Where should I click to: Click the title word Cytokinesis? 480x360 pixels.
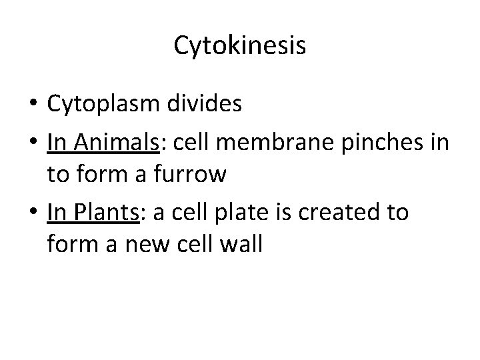click(x=240, y=45)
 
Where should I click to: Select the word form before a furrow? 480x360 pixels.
click(x=101, y=175)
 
